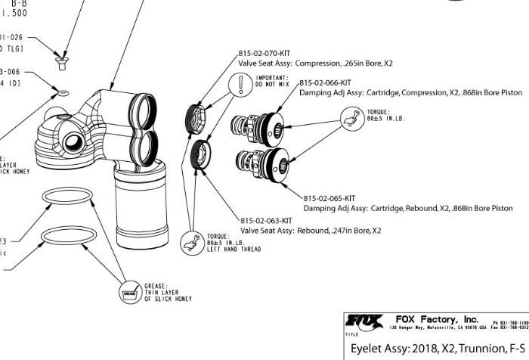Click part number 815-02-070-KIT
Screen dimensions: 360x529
(x=264, y=54)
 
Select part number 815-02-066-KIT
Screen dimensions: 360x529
(x=326, y=82)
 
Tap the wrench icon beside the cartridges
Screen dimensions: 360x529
(x=349, y=116)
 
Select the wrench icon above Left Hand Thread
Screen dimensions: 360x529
(x=192, y=243)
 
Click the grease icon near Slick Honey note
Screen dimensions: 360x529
(x=128, y=291)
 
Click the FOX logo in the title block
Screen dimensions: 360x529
(x=363, y=321)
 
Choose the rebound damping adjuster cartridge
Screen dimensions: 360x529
(x=261, y=162)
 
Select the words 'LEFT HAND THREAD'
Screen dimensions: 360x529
(x=234, y=250)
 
